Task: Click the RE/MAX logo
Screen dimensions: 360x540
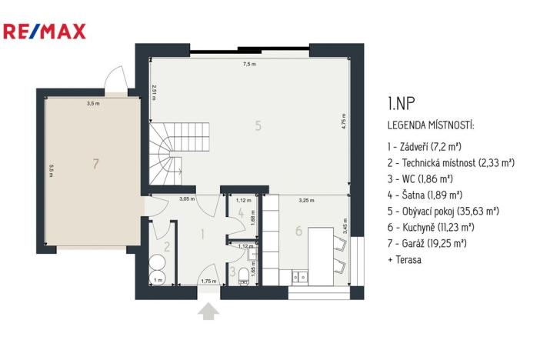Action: pyautogui.click(x=45, y=32)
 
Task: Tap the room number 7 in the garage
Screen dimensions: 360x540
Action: pyautogui.click(x=95, y=163)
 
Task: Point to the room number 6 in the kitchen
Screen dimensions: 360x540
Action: pyautogui.click(x=298, y=230)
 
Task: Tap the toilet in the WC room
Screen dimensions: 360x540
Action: pyautogui.click(x=245, y=276)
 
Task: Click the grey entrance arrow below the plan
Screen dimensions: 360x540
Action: pyautogui.click(x=208, y=312)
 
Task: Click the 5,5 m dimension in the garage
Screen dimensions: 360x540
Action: pyautogui.click(x=51, y=170)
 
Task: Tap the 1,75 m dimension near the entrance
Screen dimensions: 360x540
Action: pyautogui.click(x=208, y=281)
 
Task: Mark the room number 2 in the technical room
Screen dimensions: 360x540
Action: pyautogui.click(x=166, y=247)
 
